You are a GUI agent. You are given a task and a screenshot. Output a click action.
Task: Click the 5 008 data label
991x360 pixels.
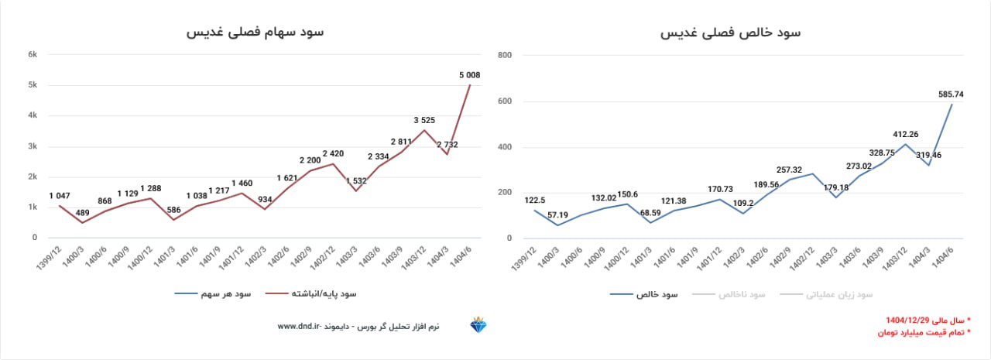[x=470, y=75]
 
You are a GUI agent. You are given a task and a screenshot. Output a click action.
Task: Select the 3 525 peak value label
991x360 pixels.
[x=424, y=120]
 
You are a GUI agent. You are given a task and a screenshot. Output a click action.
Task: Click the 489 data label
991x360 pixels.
[x=83, y=213]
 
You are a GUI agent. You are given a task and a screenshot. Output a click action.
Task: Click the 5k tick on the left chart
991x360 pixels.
[x=33, y=85]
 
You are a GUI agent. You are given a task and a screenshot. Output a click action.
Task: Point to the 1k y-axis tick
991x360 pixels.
[x=33, y=207]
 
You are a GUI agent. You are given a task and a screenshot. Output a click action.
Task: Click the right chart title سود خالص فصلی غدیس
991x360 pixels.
[x=730, y=33]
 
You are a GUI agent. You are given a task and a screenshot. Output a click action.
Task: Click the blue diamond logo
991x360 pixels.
[x=478, y=325]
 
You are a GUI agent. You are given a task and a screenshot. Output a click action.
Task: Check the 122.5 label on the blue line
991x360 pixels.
[x=536, y=201]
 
